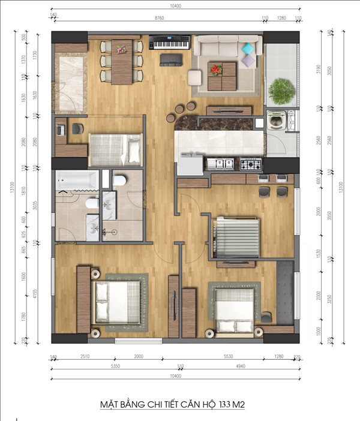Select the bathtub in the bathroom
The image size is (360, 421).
(x=76, y=180)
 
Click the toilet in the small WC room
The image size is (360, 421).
(x=119, y=179)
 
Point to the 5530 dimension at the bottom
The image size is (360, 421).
(x=228, y=357)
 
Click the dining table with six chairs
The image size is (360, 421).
(x=121, y=61)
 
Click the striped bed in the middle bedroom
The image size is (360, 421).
(x=238, y=231)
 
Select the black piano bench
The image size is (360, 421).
(x=171, y=59)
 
